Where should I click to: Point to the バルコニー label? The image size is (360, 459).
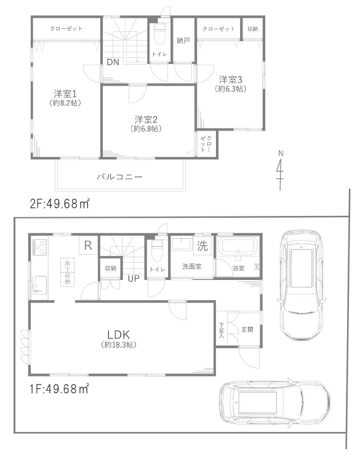(x=119, y=177)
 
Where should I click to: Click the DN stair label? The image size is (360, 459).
(x=113, y=62)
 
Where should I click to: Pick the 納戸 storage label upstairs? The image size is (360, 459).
(x=183, y=41)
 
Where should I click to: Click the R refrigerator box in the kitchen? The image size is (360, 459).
(x=88, y=245)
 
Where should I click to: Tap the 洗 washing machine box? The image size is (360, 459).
(x=202, y=245)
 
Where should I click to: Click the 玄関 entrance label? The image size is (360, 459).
(x=247, y=329)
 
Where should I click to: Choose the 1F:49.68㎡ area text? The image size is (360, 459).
(x=59, y=388)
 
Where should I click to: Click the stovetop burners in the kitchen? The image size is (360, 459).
(x=39, y=248)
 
